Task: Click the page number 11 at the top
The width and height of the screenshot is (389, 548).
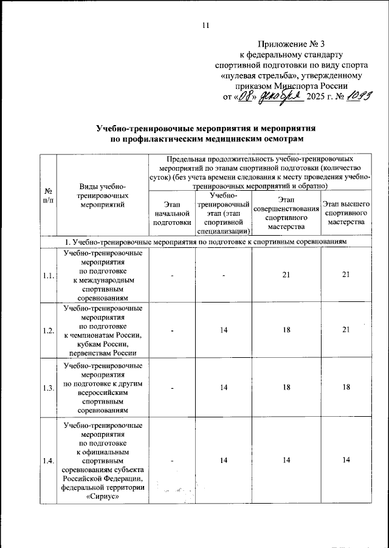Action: coord(205,25)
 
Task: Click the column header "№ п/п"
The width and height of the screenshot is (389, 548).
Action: coord(47,195)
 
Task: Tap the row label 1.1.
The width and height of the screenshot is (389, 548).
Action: coord(47,276)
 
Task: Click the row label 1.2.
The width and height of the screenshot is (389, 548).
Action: coord(47,331)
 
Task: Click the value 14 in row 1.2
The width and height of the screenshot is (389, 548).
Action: coord(224,331)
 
